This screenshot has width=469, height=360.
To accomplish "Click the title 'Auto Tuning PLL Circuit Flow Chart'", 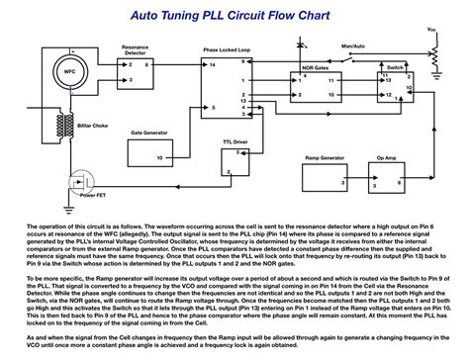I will coord(234,17).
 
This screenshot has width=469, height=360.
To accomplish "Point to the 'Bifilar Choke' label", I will coord(80,142).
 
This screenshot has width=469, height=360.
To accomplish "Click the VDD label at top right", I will coord(431,30).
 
